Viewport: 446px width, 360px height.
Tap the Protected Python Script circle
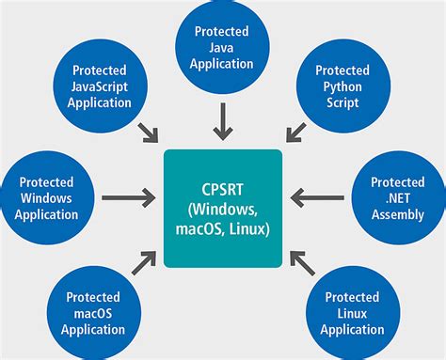(342, 85)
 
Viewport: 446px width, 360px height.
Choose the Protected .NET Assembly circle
(397, 198)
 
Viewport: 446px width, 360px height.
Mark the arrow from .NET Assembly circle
(318, 198)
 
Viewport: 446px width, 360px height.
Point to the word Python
(342, 86)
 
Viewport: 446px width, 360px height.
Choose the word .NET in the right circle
(397, 198)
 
